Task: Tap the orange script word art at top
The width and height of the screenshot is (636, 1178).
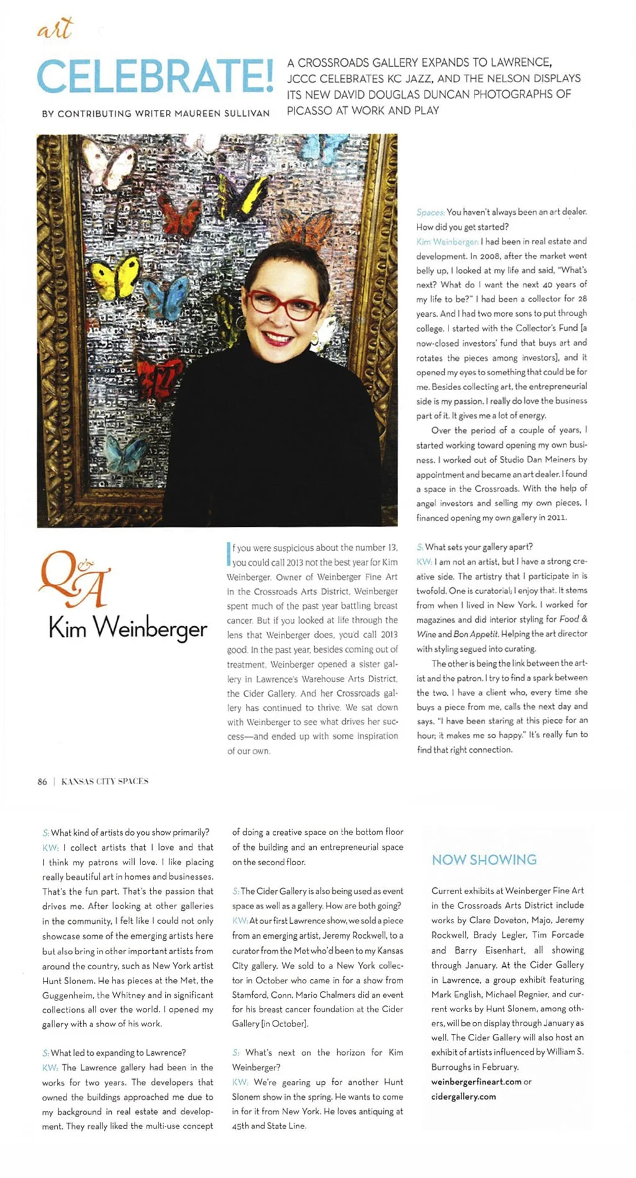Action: coord(55,29)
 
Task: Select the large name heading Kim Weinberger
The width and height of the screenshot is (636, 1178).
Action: coord(127,628)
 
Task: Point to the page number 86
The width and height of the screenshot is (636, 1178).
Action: coord(42,782)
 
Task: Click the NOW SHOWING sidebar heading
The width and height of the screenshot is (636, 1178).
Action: coord(484,860)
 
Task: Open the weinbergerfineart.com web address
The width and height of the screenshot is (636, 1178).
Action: coord(476,1082)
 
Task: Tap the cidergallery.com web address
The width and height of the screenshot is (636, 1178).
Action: coord(463,1097)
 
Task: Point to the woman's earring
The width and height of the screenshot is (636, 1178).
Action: coord(315,339)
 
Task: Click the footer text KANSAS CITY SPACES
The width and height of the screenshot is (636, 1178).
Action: coord(104,782)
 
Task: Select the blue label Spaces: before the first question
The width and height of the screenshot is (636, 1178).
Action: coord(430,212)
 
